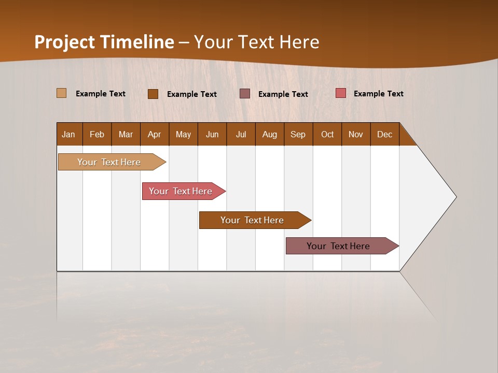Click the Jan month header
click(x=69, y=134)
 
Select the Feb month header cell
click(x=97, y=134)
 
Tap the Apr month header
click(x=155, y=134)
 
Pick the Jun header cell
click(x=212, y=134)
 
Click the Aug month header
click(x=270, y=134)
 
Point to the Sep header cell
click(x=298, y=134)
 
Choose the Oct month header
click(x=327, y=134)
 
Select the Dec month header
click(x=385, y=134)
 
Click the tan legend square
click(x=61, y=93)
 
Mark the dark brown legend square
click(x=153, y=94)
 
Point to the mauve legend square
click(x=245, y=93)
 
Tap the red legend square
click(x=340, y=93)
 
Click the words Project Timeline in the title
click(x=104, y=42)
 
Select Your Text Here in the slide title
click(x=256, y=42)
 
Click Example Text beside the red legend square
click(x=378, y=94)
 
